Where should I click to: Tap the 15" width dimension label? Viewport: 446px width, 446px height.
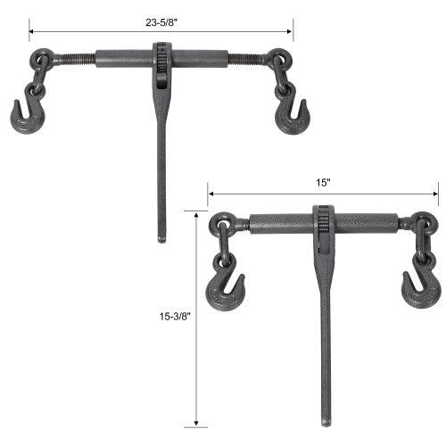(x=323, y=182)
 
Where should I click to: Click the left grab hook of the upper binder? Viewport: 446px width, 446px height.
(x=28, y=114)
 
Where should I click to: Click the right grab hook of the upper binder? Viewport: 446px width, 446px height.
(x=289, y=116)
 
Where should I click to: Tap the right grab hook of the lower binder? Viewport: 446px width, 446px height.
(x=418, y=287)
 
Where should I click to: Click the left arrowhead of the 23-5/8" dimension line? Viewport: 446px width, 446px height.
(x=32, y=31)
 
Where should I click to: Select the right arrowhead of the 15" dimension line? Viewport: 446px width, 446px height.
(x=435, y=193)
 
